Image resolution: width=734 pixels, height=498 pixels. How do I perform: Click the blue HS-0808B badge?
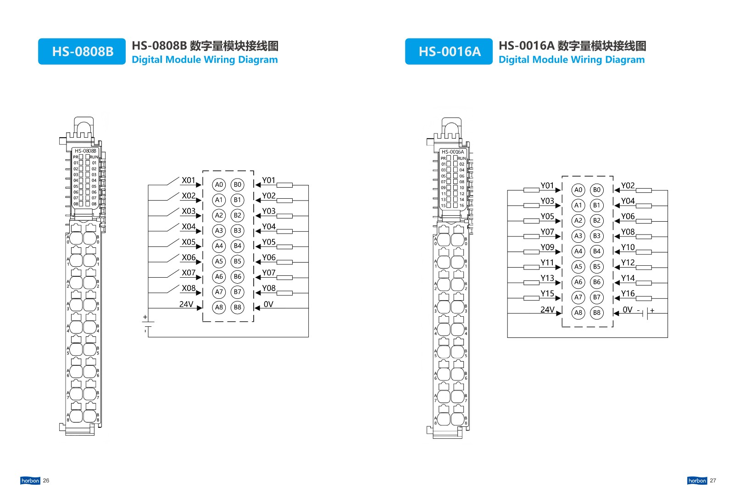coord(82,51)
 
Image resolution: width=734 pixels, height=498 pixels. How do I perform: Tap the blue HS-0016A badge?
coord(449,51)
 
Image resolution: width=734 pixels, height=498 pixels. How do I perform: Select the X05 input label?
coord(189,242)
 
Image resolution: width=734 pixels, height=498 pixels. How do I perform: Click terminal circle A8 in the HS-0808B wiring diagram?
coord(219,307)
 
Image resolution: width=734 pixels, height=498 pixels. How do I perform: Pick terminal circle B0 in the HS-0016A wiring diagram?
coord(597,190)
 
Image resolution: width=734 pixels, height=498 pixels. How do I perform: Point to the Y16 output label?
coord(628,293)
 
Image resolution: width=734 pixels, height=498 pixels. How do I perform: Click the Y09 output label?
coord(547,247)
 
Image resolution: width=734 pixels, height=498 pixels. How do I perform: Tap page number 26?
coord(46,481)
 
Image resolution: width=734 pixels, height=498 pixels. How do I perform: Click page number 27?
coord(713,481)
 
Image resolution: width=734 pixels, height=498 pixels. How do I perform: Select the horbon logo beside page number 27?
coord(697,481)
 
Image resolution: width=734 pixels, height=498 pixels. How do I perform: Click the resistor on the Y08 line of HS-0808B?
coord(284,293)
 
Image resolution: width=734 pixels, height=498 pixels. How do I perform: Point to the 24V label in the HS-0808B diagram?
coord(186,304)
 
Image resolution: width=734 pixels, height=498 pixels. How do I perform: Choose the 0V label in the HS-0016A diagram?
coord(627,309)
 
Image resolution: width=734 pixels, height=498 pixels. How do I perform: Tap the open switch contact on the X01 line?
coord(173,181)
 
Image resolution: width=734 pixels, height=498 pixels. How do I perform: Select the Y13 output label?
coord(547,278)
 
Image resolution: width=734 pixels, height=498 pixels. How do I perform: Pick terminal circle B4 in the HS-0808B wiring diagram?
coord(237,246)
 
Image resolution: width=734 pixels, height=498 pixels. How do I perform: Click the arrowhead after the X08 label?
coord(199,293)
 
